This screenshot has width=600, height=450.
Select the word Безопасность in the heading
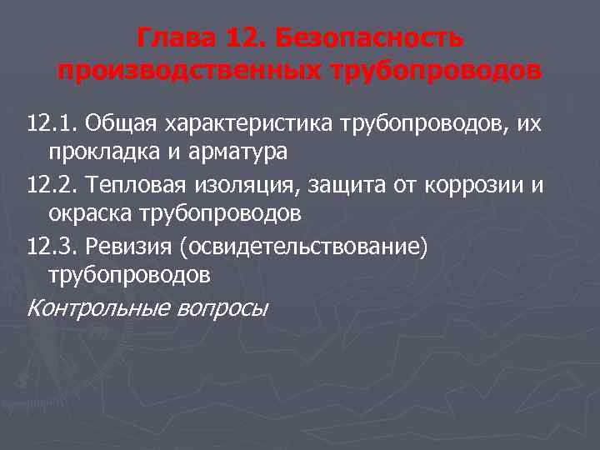coord(367,38)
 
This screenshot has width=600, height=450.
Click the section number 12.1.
coord(51,123)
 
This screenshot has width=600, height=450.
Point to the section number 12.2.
coord(51,184)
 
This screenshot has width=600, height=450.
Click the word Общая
coord(122,123)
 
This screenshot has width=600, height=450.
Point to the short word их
coord(531,123)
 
